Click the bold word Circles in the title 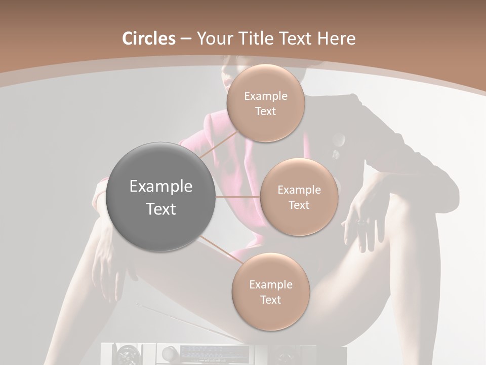tap(149, 39)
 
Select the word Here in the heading tap(336, 39)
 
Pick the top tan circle tap(265, 103)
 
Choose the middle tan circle tap(299, 197)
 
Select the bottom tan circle tap(270, 291)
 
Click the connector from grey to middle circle tap(238, 197)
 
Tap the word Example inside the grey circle tap(161, 187)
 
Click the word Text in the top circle tap(265, 112)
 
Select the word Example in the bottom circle tap(270, 284)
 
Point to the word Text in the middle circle tap(299, 205)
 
